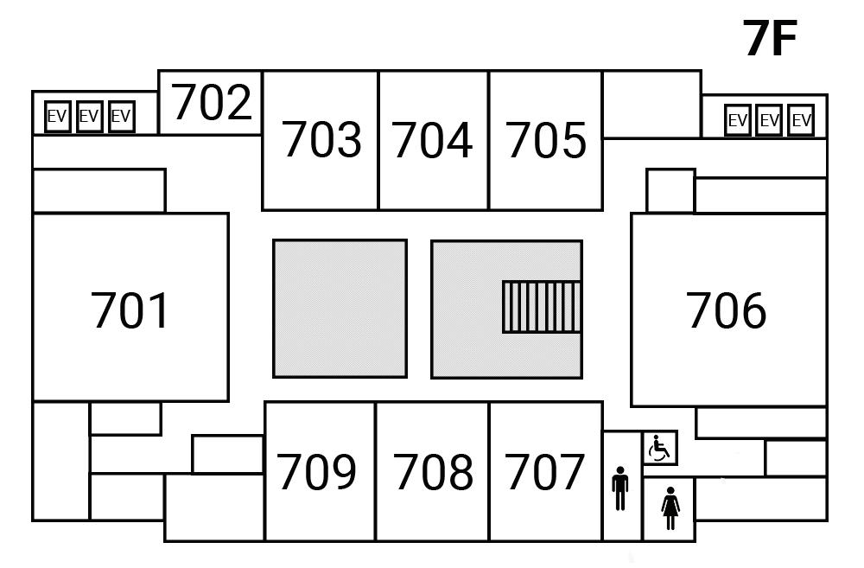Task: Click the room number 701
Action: (130, 311)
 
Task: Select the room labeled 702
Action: (212, 103)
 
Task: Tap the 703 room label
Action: (321, 140)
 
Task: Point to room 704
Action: (433, 140)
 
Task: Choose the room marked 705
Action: (546, 140)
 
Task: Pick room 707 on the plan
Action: (545, 472)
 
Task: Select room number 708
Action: (434, 472)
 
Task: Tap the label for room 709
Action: (316, 472)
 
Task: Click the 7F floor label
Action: (769, 39)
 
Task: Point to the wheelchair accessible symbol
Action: (660, 449)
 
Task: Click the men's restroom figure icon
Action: (620, 489)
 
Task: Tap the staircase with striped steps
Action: (541, 306)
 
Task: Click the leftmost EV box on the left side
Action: (57, 116)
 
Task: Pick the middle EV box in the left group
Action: (89, 116)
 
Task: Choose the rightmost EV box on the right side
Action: (801, 120)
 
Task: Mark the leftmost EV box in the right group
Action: (737, 120)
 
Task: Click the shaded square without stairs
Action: (340, 309)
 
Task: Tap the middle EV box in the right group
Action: (769, 120)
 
